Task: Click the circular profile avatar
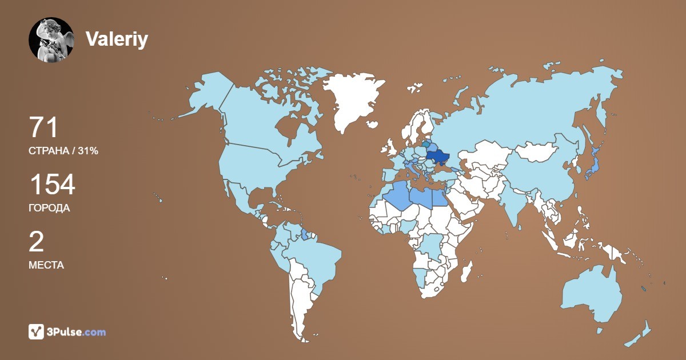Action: click(51, 39)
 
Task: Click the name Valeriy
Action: click(117, 39)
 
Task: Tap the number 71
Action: click(43, 127)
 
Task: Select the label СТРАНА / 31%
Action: click(63, 151)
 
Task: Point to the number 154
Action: click(52, 185)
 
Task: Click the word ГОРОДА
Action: click(49, 208)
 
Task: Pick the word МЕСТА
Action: click(46, 265)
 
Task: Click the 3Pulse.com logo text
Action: click(77, 332)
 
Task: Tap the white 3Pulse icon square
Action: click(37, 331)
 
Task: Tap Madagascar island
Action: click(466, 272)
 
